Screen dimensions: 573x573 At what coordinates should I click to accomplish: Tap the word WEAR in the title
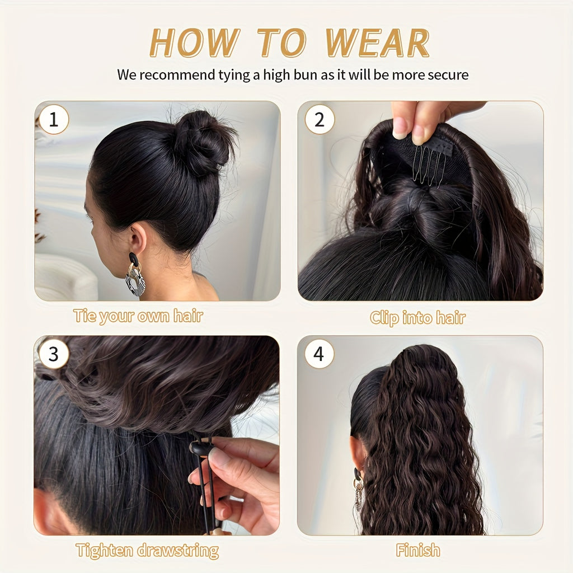pos(377,43)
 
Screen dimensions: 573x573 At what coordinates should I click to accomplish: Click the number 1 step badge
pos(54,120)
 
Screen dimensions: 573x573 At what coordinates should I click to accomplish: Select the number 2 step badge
pos(320,120)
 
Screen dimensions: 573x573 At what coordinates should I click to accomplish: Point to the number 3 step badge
pos(54,354)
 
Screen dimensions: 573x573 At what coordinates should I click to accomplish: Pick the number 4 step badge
pos(320,354)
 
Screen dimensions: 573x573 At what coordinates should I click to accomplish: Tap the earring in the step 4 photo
pos(358,487)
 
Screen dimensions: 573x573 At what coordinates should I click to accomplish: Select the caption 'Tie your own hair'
pos(138,316)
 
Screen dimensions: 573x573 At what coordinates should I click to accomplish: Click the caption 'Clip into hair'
pos(417,318)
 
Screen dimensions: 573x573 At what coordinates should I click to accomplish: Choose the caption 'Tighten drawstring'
pos(147,551)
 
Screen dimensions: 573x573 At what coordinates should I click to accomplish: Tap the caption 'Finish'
pos(418,551)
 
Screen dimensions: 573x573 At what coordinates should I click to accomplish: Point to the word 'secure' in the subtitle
pos(448,75)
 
